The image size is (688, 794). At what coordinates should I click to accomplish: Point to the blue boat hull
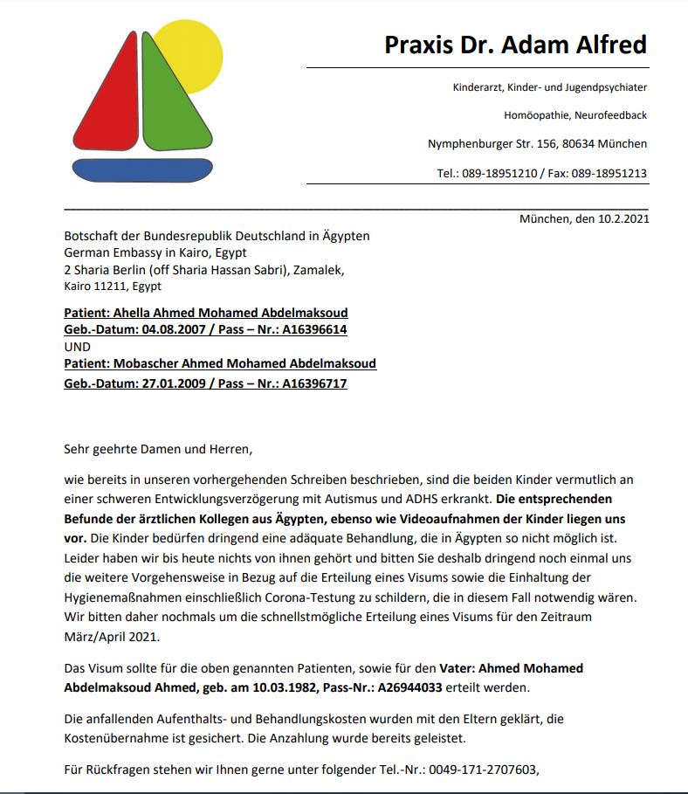pos(142,169)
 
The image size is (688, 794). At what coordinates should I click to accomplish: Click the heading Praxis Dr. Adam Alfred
pos(515,45)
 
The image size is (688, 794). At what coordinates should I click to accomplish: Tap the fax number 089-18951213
pos(609,173)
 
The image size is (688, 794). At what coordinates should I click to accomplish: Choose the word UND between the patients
pos(77,346)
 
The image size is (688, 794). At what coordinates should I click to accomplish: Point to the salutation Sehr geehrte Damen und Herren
pos(158,450)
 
